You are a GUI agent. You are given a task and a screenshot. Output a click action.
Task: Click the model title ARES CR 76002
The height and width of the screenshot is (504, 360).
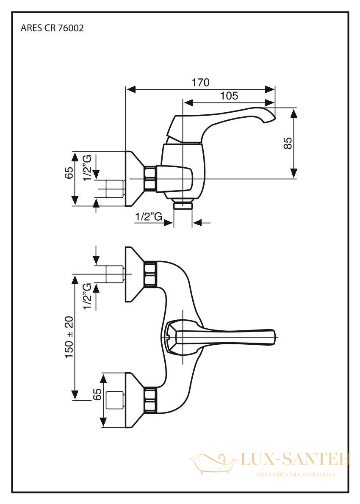52,28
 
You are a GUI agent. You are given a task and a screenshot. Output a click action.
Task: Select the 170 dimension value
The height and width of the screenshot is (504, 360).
201,83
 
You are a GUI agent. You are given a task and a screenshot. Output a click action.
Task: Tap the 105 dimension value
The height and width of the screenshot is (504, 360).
229,95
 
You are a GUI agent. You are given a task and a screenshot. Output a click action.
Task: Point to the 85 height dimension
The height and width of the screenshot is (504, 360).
288,143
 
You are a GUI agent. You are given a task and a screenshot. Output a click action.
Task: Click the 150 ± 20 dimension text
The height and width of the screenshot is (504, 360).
69,337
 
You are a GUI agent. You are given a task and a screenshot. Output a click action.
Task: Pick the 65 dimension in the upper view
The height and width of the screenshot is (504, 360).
69,173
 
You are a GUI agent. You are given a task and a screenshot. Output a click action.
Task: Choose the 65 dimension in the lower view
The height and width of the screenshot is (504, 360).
97,394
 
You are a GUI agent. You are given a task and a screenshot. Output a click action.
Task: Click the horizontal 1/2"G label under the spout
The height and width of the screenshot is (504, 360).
149,217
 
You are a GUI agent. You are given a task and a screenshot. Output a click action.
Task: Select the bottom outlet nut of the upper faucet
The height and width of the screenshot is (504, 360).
183,205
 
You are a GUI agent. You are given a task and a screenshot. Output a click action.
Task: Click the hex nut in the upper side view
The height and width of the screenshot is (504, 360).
150,179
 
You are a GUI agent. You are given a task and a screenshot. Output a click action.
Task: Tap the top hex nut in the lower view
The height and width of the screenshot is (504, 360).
150,274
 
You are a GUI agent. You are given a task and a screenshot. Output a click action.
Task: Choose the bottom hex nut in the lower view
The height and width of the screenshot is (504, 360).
150,399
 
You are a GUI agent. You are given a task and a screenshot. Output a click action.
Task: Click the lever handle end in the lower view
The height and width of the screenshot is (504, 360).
271,337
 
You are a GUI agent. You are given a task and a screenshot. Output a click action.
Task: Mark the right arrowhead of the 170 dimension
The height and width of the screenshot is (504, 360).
270,89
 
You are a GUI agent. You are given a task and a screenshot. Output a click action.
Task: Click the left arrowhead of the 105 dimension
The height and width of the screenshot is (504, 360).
188,102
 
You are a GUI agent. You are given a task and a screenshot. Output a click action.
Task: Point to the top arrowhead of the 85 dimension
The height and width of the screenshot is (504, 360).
294,113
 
